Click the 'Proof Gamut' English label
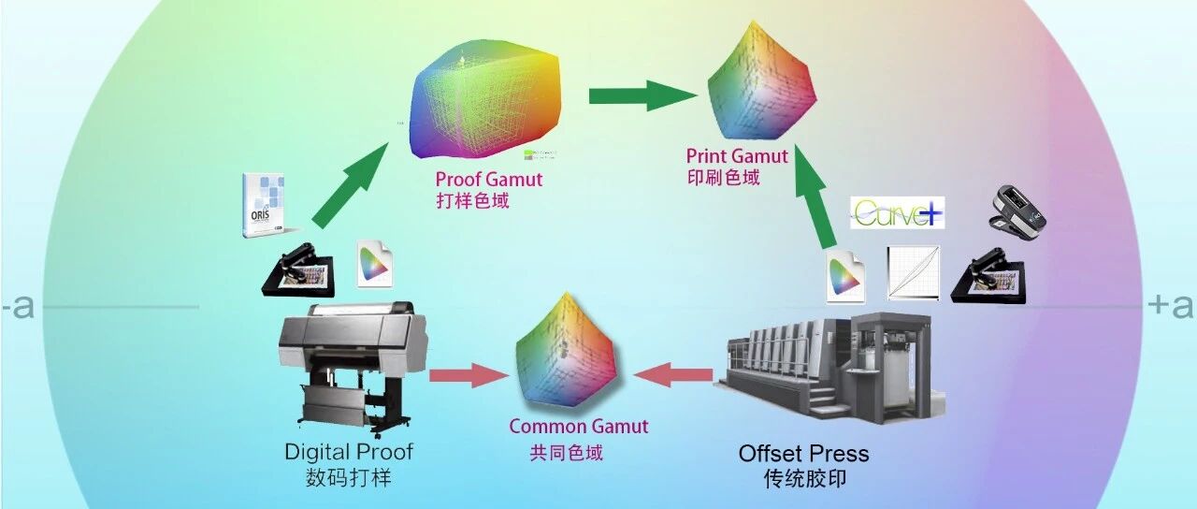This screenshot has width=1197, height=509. (x=489, y=180)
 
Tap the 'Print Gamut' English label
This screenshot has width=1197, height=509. (x=737, y=156)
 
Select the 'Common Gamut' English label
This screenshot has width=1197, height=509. (x=579, y=426)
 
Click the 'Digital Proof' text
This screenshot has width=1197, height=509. (x=349, y=452)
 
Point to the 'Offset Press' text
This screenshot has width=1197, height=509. (x=803, y=454)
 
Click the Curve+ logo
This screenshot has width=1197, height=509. (x=897, y=212)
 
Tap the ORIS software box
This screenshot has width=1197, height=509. (x=264, y=205)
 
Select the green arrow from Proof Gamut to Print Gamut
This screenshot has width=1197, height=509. (x=642, y=96)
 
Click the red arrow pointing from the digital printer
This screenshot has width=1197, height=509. (x=469, y=375)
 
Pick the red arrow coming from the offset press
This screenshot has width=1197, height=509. (x=673, y=374)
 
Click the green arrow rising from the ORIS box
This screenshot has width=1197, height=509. (x=350, y=185)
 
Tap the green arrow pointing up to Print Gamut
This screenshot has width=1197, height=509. (x=815, y=196)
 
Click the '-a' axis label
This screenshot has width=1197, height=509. (x=18, y=306)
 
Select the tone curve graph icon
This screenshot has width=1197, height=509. (x=914, y=273)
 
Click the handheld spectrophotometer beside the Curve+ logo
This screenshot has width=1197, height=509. (x=1018, y=212)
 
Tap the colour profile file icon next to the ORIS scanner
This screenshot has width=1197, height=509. (x=375, y=264)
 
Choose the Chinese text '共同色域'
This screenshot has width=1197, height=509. (x=566, y=454)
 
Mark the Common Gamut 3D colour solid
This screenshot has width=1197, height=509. (x=566, y=351)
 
